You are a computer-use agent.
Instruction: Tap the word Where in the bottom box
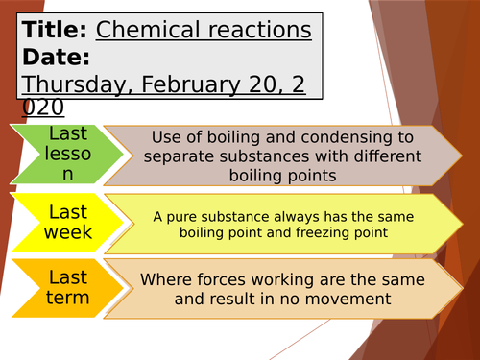[164, 280]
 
